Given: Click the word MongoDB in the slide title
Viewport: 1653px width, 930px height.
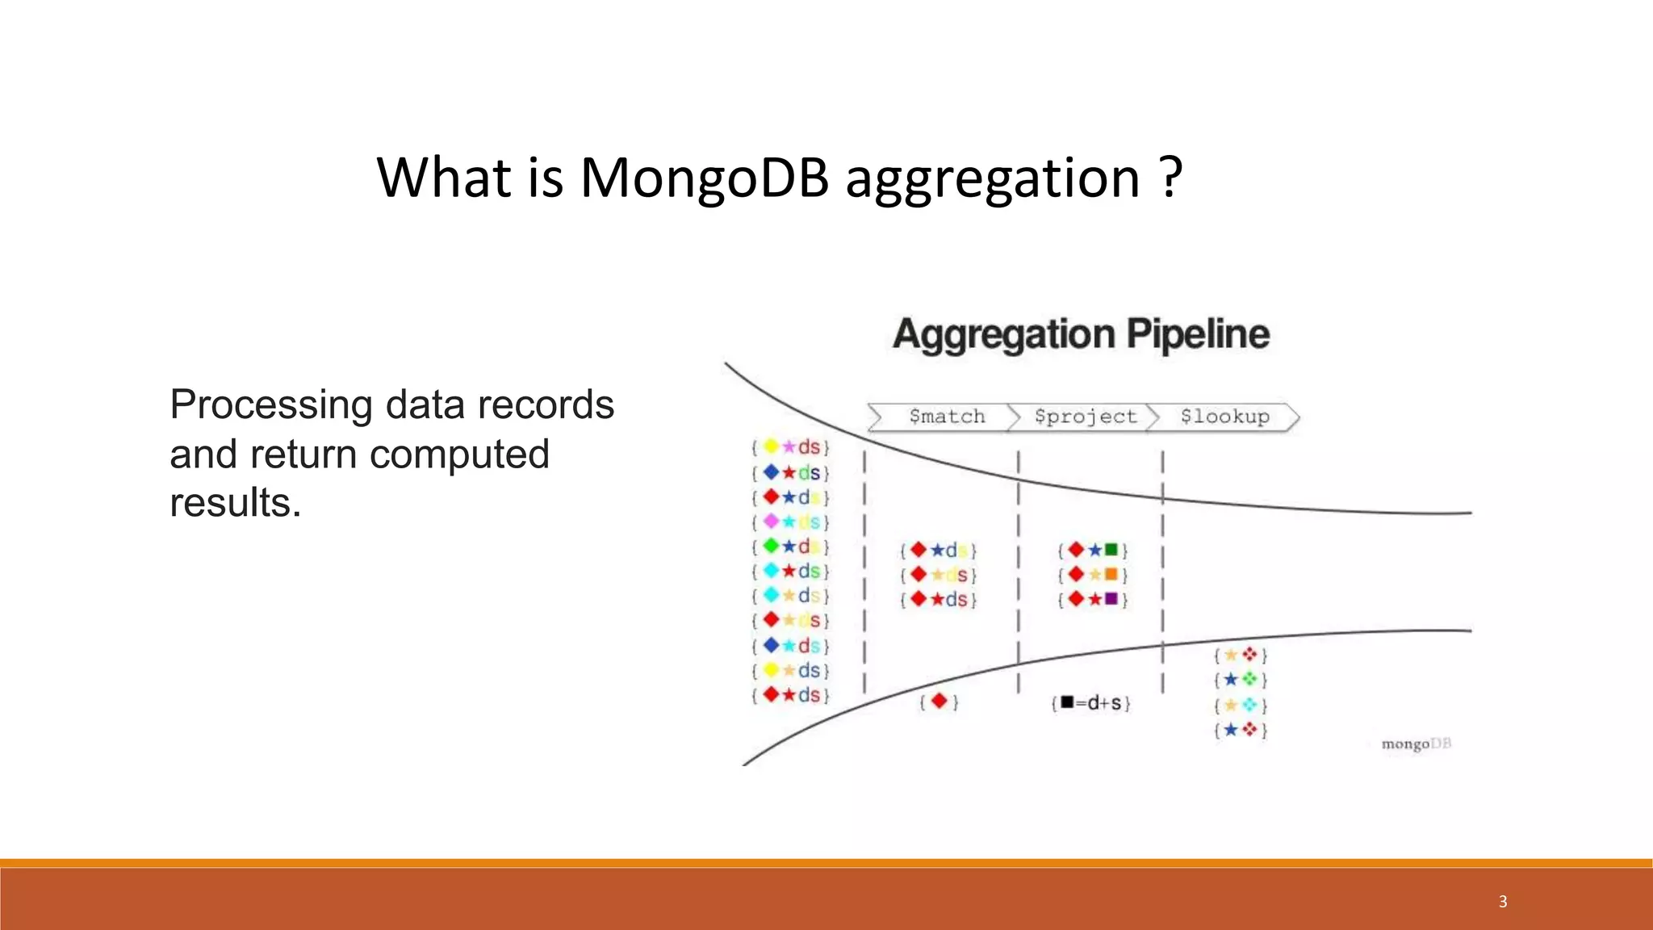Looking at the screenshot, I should (x=704, y=178).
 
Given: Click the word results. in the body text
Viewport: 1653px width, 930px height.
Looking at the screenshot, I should (x=235, y=503).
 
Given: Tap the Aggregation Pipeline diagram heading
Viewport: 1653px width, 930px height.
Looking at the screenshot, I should (x=1081, y=334).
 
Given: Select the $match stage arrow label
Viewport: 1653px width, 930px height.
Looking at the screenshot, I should (x=946, y=417).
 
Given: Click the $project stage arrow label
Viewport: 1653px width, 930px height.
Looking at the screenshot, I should (x=1085, y=417).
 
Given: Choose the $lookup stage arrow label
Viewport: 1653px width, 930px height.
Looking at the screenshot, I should (x=1224, y=417).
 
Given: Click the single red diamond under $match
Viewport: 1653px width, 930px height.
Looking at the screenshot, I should (x=938, y=702).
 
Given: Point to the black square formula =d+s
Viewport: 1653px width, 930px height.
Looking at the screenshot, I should (x=1091, y=703).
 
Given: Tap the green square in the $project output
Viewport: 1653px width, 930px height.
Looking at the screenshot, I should (x=1111, y=550).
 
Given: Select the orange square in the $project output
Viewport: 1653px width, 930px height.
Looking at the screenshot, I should (x=1111, y=575).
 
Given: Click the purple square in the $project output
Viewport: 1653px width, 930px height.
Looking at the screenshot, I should (x=1111, y=599).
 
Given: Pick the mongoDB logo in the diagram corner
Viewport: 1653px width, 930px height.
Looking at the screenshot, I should (x=1416, y=744).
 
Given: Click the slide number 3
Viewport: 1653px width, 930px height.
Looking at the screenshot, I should (x=1503, y=902).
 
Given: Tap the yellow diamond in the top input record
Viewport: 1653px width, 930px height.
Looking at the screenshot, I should (x=771, y=446).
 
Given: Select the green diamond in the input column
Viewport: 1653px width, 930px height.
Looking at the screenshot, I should (x=771, y=547).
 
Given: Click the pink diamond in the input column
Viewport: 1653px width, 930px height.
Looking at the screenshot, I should (x=771, y=522).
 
